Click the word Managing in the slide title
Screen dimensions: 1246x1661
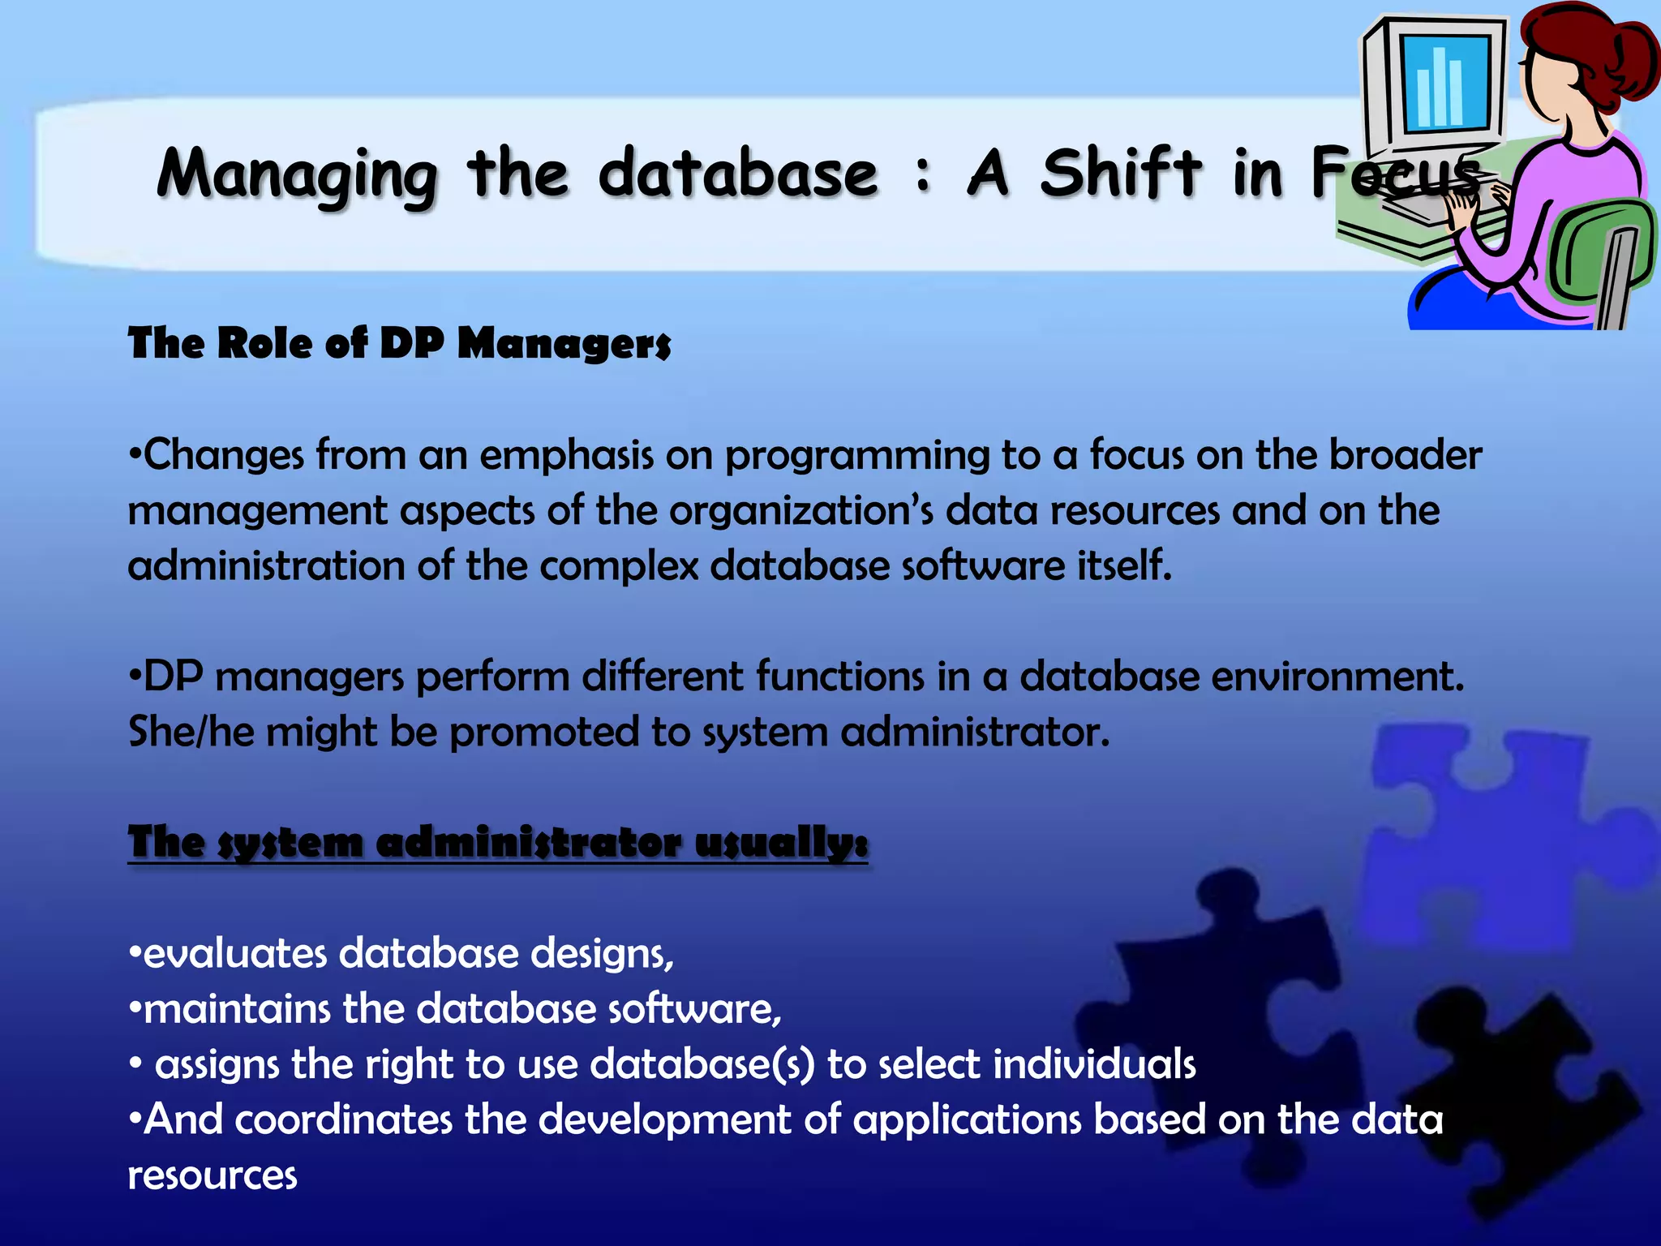coord(297,174)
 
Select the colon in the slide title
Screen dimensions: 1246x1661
coord(922,175)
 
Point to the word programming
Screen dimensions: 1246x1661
coord(856,456)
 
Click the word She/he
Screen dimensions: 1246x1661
coord(191,732)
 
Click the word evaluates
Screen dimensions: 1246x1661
coord(234,953)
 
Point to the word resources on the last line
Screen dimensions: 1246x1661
coord(212,1175)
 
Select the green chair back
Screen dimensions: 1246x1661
coord(1602,251)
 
